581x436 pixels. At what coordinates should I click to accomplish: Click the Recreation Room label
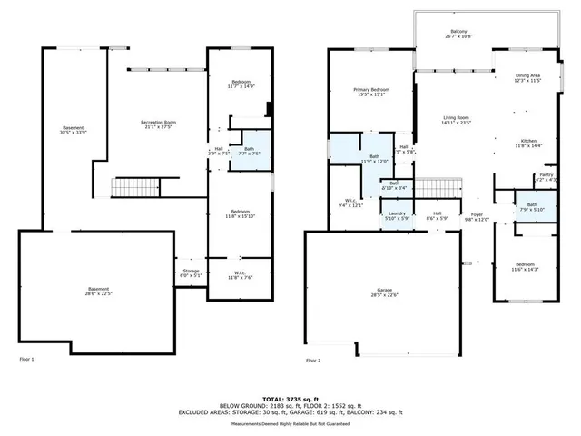point(158,124)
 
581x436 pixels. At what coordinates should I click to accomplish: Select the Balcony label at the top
point(448,33)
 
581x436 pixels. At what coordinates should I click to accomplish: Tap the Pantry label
point(547,176)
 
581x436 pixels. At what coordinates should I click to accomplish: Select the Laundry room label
point(398,216)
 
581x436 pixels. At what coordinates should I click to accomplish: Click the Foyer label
point(478,216)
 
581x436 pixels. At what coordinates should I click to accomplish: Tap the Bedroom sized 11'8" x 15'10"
point(241,213)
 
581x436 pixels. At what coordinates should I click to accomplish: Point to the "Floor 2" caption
point(314,361)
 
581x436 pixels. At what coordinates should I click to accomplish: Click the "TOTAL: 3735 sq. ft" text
point(290,398)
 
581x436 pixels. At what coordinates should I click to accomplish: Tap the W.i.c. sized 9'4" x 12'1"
point(350,203)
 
